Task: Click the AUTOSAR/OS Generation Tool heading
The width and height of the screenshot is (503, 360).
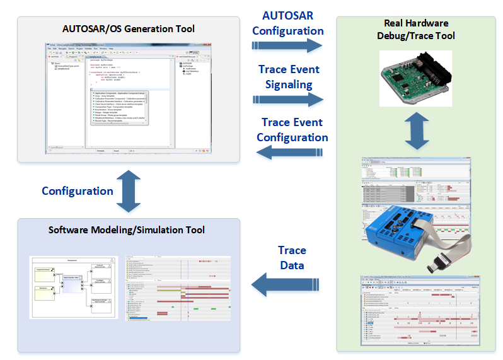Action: (128, 29)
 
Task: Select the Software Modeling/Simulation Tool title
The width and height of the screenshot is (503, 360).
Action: (128, 230)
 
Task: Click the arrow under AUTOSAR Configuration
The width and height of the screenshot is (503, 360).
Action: (287, 45)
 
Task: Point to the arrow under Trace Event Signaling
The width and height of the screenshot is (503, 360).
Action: (287, 99)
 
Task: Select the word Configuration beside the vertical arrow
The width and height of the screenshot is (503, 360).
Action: (78, 190)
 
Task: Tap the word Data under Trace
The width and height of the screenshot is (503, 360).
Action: (292, 265)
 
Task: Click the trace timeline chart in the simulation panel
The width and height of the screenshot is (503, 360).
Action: (178, 287)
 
